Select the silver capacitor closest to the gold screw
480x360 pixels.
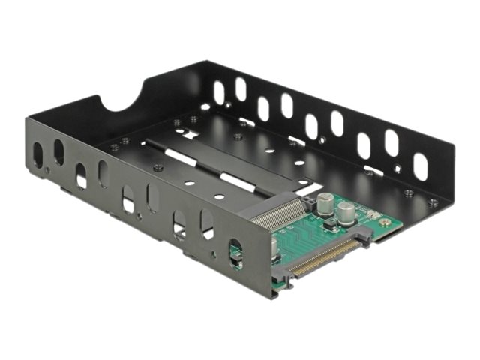(x=347, y=211)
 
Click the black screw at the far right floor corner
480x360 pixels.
(x=433, y=202)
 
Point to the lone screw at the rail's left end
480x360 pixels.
(x=157, y=168)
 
